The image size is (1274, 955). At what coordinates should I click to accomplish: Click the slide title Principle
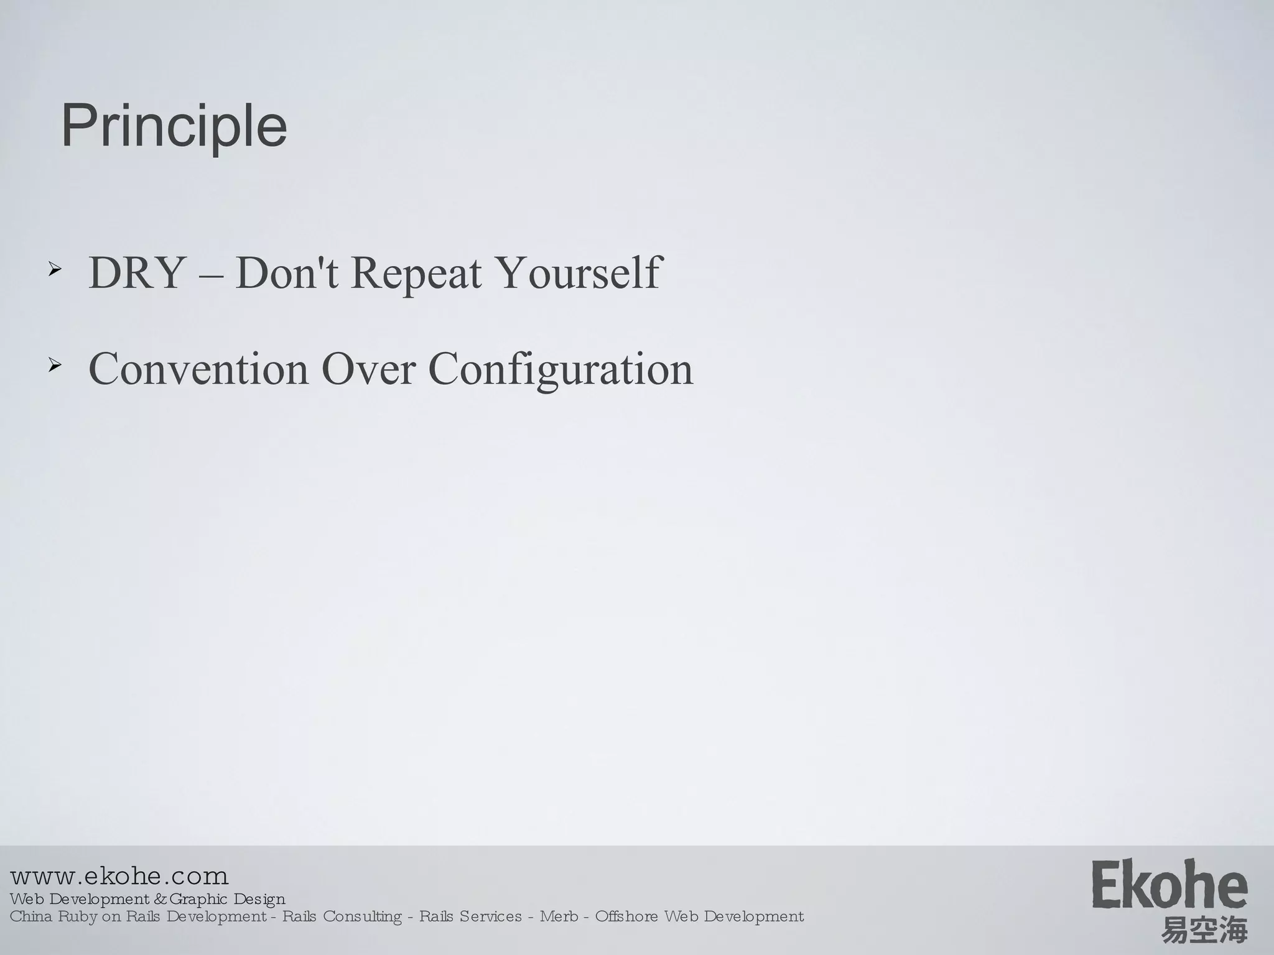[174, 126]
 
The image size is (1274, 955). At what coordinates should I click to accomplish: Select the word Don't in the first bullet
[287, 273]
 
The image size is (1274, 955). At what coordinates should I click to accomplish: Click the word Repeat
[416, 273]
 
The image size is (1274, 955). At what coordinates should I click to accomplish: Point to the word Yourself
[579, 273]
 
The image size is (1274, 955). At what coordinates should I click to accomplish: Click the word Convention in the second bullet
[198, 369]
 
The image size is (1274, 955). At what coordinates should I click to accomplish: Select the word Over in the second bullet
[368, 369]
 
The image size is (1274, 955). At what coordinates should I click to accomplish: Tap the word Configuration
[560, 369]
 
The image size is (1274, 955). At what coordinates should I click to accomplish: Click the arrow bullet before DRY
[55, 269]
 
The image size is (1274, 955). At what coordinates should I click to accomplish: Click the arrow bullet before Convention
[55, 366]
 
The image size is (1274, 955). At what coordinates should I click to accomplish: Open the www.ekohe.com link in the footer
[119, 877]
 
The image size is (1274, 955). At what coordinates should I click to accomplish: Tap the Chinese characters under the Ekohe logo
[1204, 931]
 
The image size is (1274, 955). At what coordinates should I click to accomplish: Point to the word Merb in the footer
[559, 916]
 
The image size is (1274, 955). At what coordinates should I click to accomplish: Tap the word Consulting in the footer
[362, 917]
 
